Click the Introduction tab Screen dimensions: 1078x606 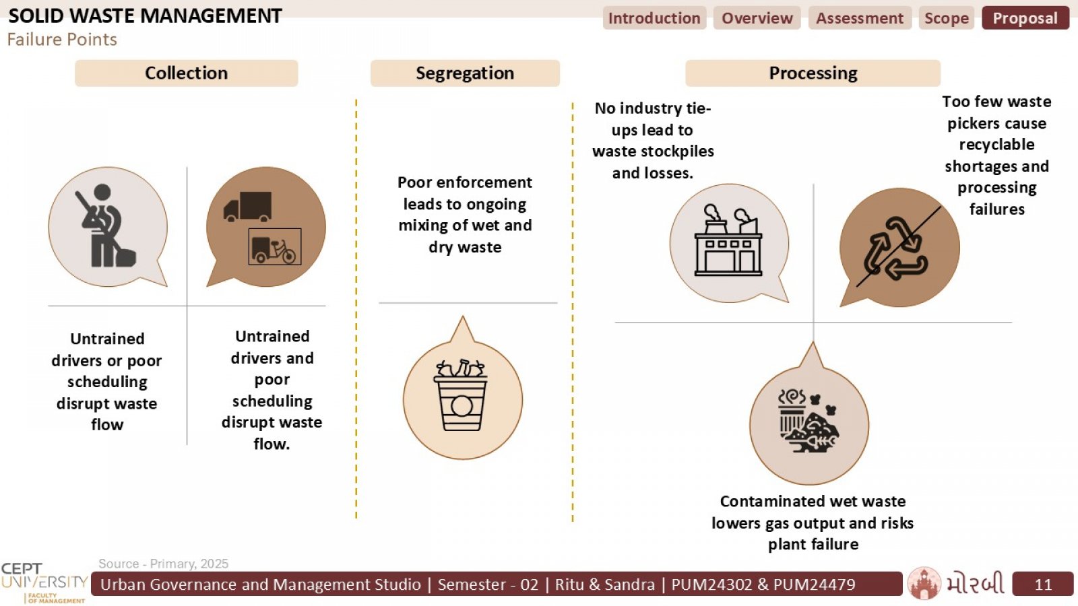tap(654, 18)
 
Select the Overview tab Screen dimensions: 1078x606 tap(757, 18)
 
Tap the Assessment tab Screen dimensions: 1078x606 tap(860, 18)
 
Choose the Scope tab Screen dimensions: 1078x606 tap(947, 18)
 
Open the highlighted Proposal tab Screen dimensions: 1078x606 tap(1025, 18)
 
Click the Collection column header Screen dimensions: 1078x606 tap(186, 73)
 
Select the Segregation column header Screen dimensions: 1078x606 tap(465, 73)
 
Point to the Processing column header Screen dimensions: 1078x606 tap(813, 73)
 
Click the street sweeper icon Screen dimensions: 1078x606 tap(106, 226)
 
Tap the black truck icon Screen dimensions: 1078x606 tap(247, 206)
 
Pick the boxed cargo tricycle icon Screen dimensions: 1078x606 tap(275, 246)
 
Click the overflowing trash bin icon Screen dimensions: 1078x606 tap(461, 395)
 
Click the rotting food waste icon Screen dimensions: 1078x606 tap(808, 420)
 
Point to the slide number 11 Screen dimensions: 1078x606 tap(1043, 584)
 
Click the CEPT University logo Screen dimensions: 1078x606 tap(44, 582)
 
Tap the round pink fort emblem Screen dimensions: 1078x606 tap(924, 583)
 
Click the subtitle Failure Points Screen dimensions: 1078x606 tap(62, 40)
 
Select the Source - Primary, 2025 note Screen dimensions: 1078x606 tap(163, 564)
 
